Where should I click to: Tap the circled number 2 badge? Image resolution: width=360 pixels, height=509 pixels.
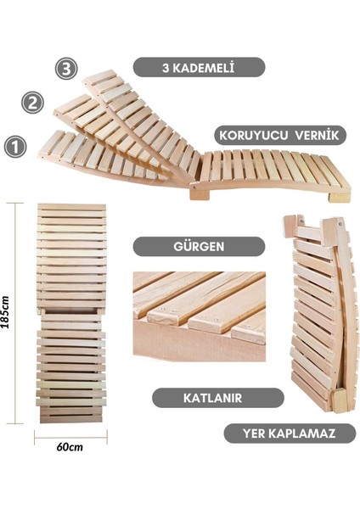(33, 103)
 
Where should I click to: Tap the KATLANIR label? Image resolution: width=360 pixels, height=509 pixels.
(217, 397)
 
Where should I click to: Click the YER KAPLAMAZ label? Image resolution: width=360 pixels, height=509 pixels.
(290, 433)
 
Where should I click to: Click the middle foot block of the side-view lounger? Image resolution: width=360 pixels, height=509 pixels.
(200, 194)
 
